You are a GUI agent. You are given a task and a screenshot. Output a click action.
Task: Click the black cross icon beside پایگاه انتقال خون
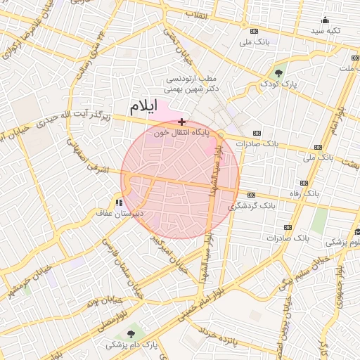(182, 122)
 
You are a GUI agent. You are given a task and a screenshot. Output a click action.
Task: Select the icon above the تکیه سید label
(325, 20)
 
